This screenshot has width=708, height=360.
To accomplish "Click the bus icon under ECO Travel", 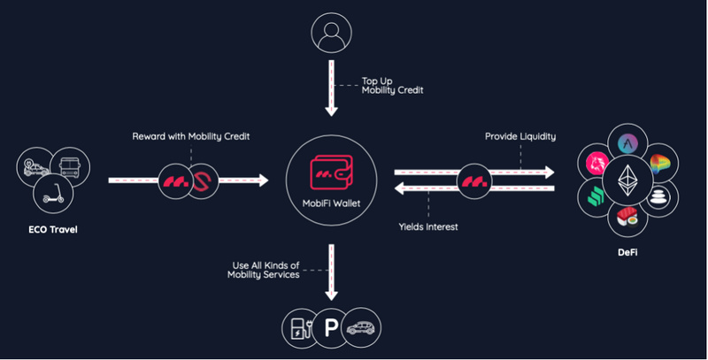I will [70, 165].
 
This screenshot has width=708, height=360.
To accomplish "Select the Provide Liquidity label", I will [519, 136].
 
